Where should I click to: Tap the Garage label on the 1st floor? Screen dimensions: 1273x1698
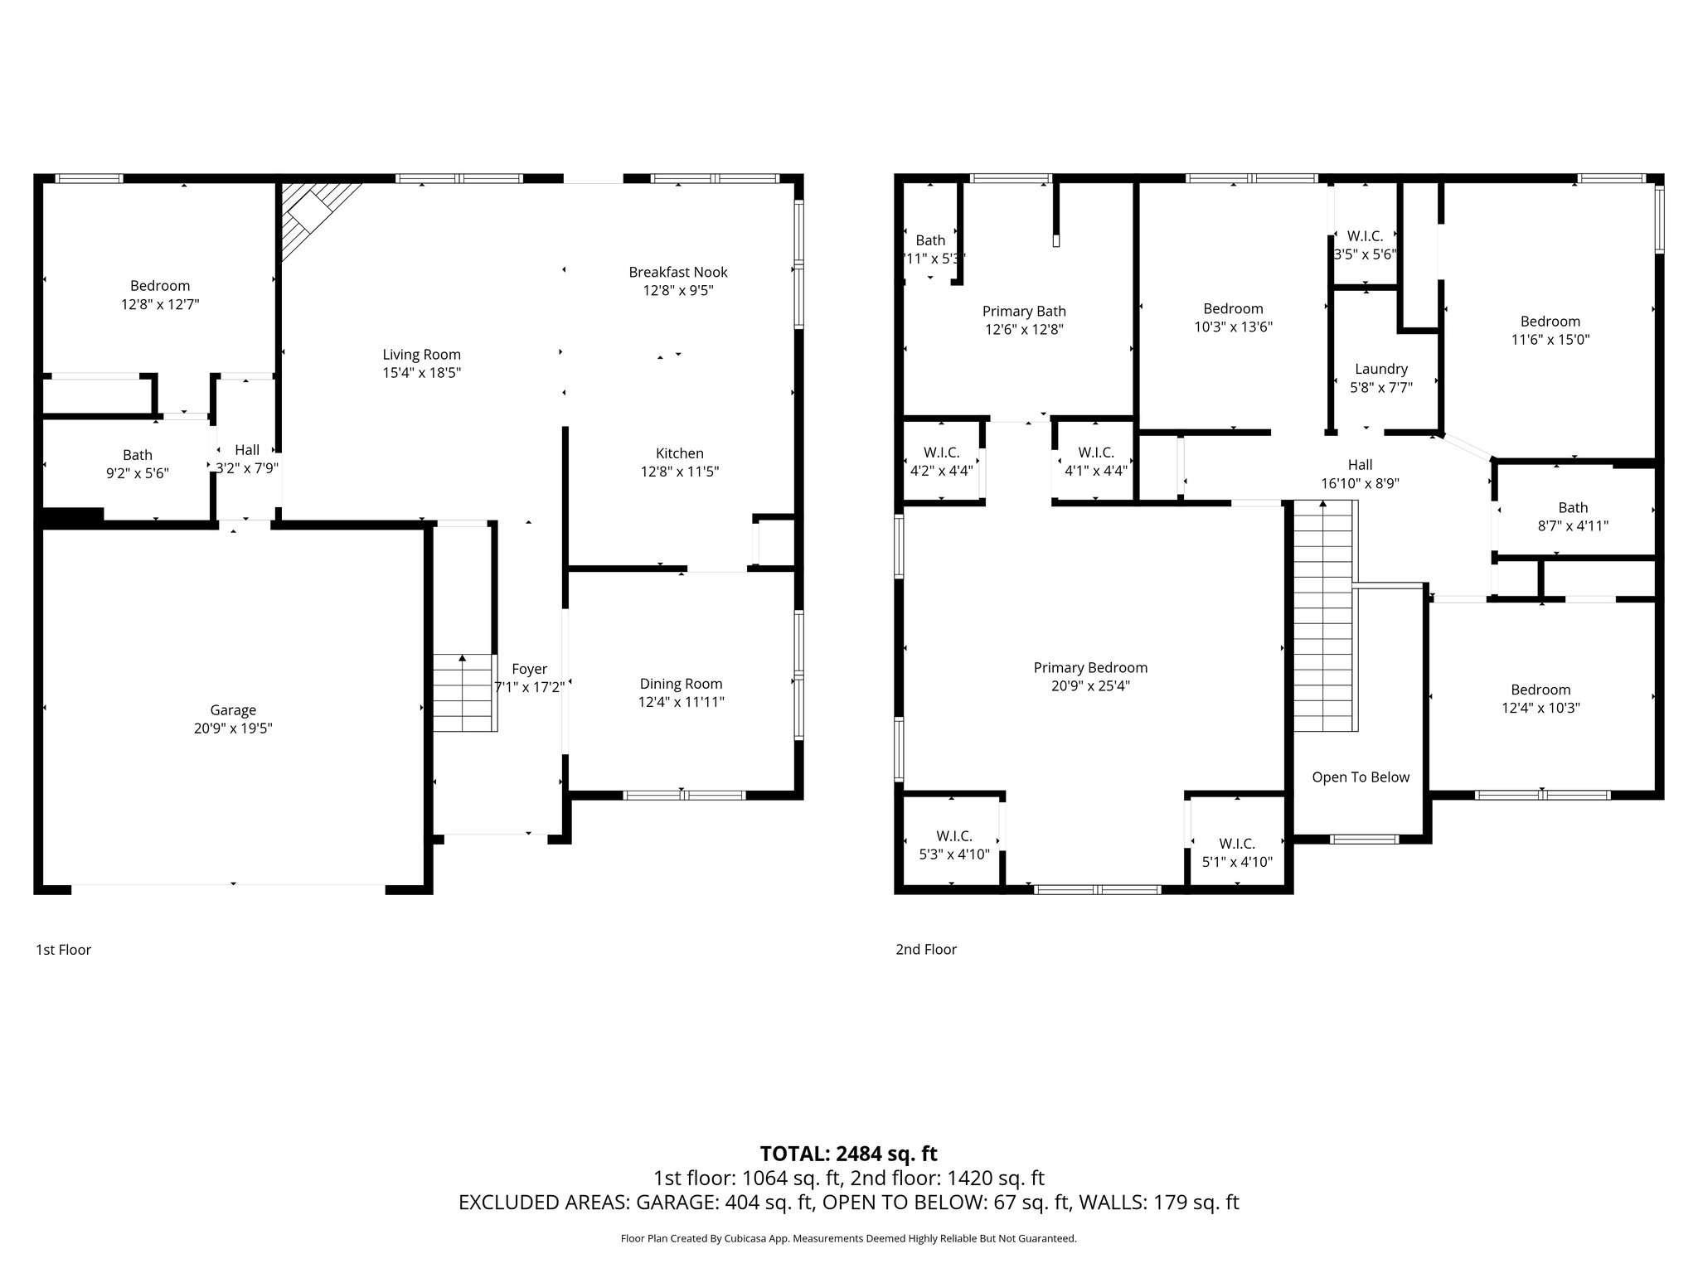point(233,710)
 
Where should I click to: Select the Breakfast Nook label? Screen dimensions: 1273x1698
point(677,272)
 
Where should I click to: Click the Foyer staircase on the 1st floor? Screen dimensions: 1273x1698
point(463,693)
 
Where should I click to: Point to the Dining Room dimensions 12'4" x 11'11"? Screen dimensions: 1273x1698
point(682,702)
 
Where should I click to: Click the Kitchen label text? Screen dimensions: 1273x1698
point(679,453)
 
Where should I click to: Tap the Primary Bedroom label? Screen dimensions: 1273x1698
point(1089,668)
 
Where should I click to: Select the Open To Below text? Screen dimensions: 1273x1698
point(1360,777)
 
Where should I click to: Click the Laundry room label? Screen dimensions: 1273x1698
point(1380,369)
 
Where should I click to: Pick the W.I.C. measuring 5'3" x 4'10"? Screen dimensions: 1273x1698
point(953,845)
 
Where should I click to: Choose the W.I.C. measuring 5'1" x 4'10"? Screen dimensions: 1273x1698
point(1236,853)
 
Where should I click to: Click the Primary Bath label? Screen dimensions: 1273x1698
point(1024,312)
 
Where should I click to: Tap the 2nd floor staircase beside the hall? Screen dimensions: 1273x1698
point(1324,617)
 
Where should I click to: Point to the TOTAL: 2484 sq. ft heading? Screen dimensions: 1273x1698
point(848,1154)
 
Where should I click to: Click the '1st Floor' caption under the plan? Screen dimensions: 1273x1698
point(63,950)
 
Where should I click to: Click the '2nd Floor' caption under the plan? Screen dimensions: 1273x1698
point(925,950)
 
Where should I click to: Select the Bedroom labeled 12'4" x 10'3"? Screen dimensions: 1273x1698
point(1540,699)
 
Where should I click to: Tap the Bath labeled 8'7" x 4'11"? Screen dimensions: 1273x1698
point(1572,516)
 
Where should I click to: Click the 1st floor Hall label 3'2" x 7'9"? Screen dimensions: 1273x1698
point(247,458)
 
